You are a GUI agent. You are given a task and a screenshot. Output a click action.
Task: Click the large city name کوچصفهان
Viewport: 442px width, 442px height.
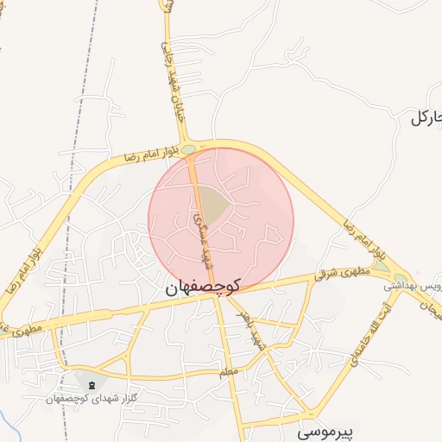pyautogui.click(x=200, y=289)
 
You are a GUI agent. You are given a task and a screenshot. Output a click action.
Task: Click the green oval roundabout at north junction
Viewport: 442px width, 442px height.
pyautogui.click(x=187, y=150)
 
